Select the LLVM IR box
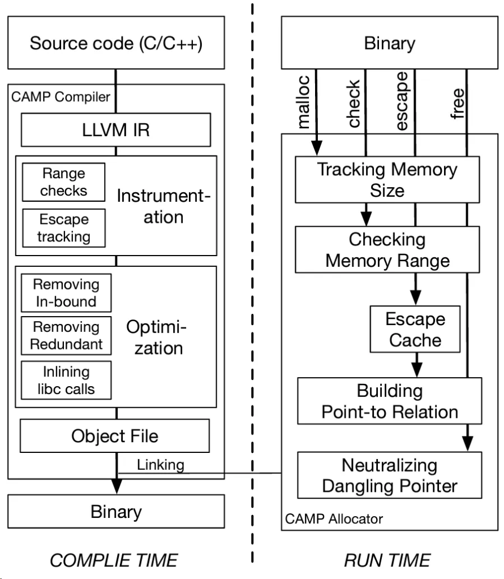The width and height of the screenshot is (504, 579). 115,130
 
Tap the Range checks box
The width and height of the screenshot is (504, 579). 63,182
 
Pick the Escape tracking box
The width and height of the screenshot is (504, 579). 63,227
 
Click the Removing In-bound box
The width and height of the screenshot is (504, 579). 66,292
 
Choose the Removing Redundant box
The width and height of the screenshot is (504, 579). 66,335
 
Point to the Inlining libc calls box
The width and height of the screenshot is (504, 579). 66,380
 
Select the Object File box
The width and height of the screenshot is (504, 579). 115,436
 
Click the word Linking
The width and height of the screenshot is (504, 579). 161,465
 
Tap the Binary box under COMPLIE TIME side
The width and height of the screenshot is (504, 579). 115,512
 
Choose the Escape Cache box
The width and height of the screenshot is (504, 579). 415,329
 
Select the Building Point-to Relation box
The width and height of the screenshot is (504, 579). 389,401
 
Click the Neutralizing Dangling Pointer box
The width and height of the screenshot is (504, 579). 389,475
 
